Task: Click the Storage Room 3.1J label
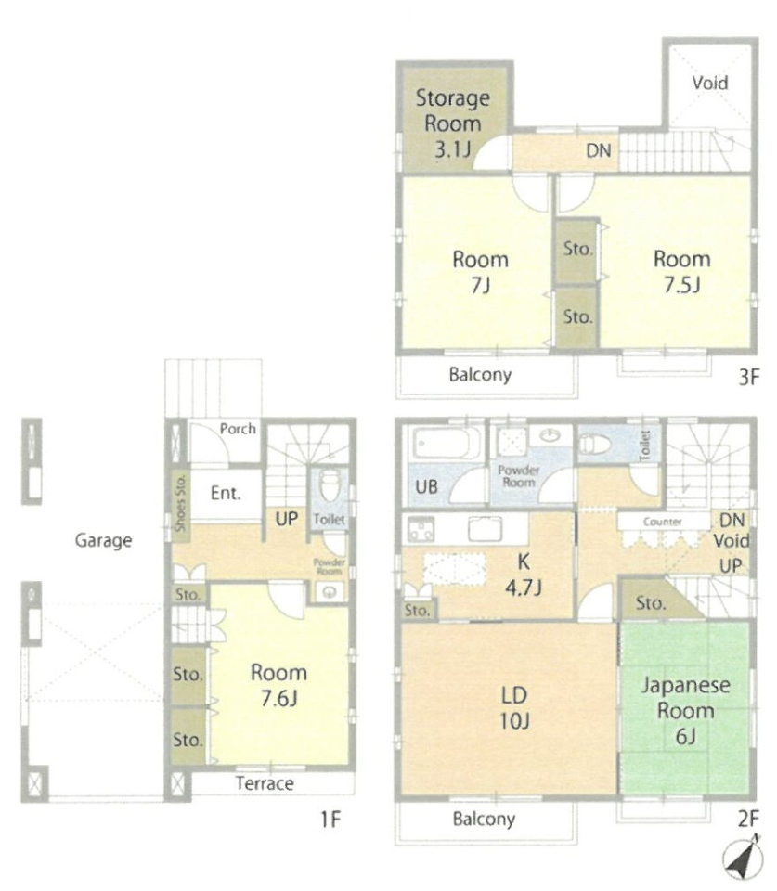pyautogui.click(x=452, y=123)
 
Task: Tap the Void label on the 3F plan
pyautogui.click(x=710, y=83)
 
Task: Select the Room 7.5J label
pyautogui.click(x=682, y=272)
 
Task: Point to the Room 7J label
pyautogui.click(x=480, y=272)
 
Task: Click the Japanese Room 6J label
pyautogui.click(x=685, y=710)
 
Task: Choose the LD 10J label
pyautogui.click(x=514, y=708)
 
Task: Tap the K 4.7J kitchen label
pyautogui.click(x=524, y=575)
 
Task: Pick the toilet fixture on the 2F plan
pyautogui.click(x=594, y=444)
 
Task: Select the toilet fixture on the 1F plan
pyautogui.click(x=330, y=485)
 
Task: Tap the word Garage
pyautogui.click(x=103, y=540)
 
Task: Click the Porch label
pyautogui.click(x=238, y=429)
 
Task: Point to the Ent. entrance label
pyautogui.click(x=226, y=493)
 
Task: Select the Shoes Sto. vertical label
pyautogui.click(x=180, y=502)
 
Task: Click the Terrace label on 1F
pyautogui.click(x=265, y=783)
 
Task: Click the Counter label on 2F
pyautogui.click(x=662, y=521)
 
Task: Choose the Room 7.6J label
pyautogui.click(x=278, y=685)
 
